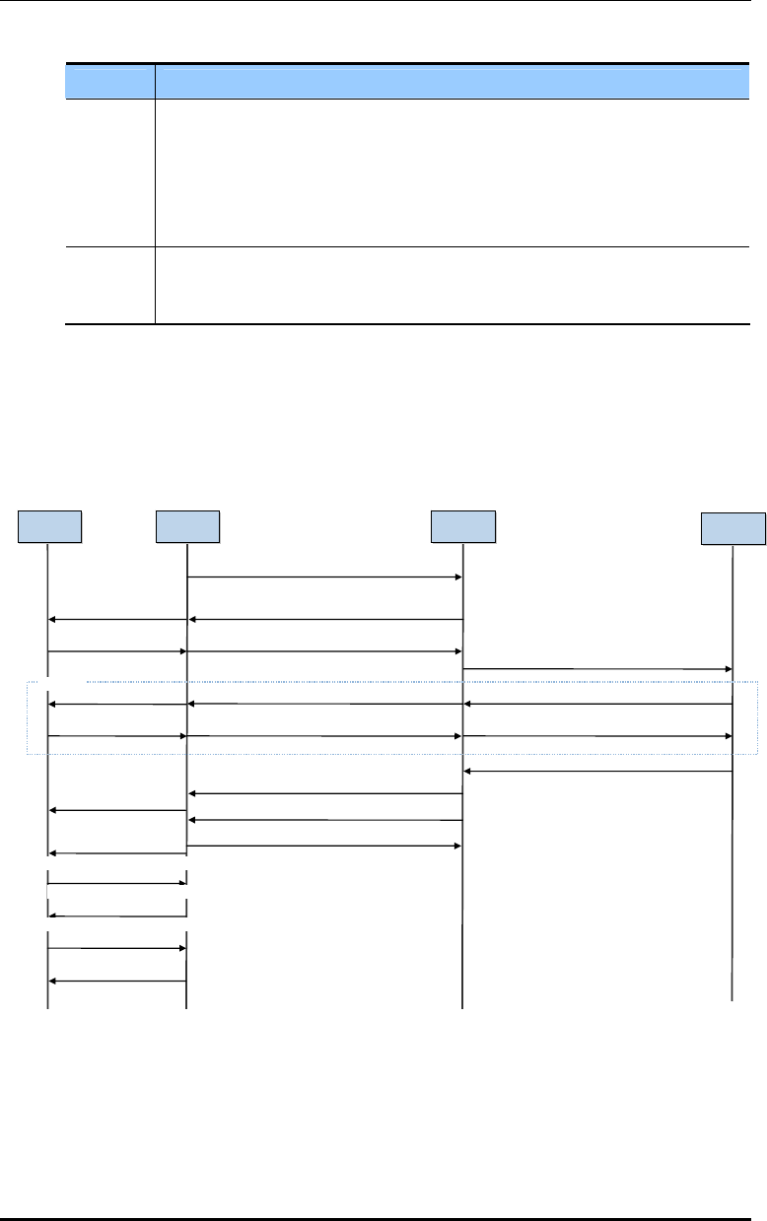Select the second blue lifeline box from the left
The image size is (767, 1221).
[x=188, y=526]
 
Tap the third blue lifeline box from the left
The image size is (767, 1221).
[x=463, y=526]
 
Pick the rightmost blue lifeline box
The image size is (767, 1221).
[x=732, y=528]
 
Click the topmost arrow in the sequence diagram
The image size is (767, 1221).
[x=325, y=577]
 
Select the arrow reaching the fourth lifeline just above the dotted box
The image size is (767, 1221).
[x=597, y=669]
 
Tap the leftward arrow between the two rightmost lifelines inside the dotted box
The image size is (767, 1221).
[x=597, y=704]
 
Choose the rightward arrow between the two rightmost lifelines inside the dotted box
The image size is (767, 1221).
[x=597, y=736]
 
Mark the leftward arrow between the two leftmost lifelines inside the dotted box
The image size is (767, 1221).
[x=117, y=705]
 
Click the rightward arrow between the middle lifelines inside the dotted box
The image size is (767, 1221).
[x=325, y=736]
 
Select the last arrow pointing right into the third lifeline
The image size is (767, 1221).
[x=325, y=846]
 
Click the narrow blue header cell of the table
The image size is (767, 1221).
[x=110, y=82]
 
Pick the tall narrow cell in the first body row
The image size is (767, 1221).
[x=110, y=172]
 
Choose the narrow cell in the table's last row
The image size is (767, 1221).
[x=110, y=285]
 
